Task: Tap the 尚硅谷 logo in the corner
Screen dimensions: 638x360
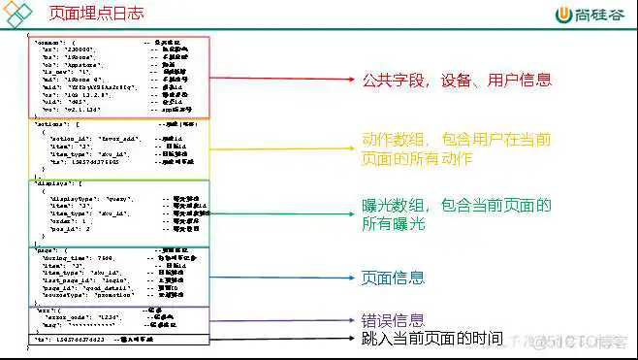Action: [587, 16]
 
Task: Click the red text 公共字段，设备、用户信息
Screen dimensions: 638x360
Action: [457, 81]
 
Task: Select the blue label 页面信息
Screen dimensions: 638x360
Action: [393, 278]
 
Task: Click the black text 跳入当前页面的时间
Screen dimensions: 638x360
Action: [431, 339]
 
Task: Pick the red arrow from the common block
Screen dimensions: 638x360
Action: [282, 77]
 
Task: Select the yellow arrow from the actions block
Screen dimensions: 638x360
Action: [282, 152]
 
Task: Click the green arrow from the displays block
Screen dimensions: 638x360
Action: [282, 213]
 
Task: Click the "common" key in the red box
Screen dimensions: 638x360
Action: [48, 44]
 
